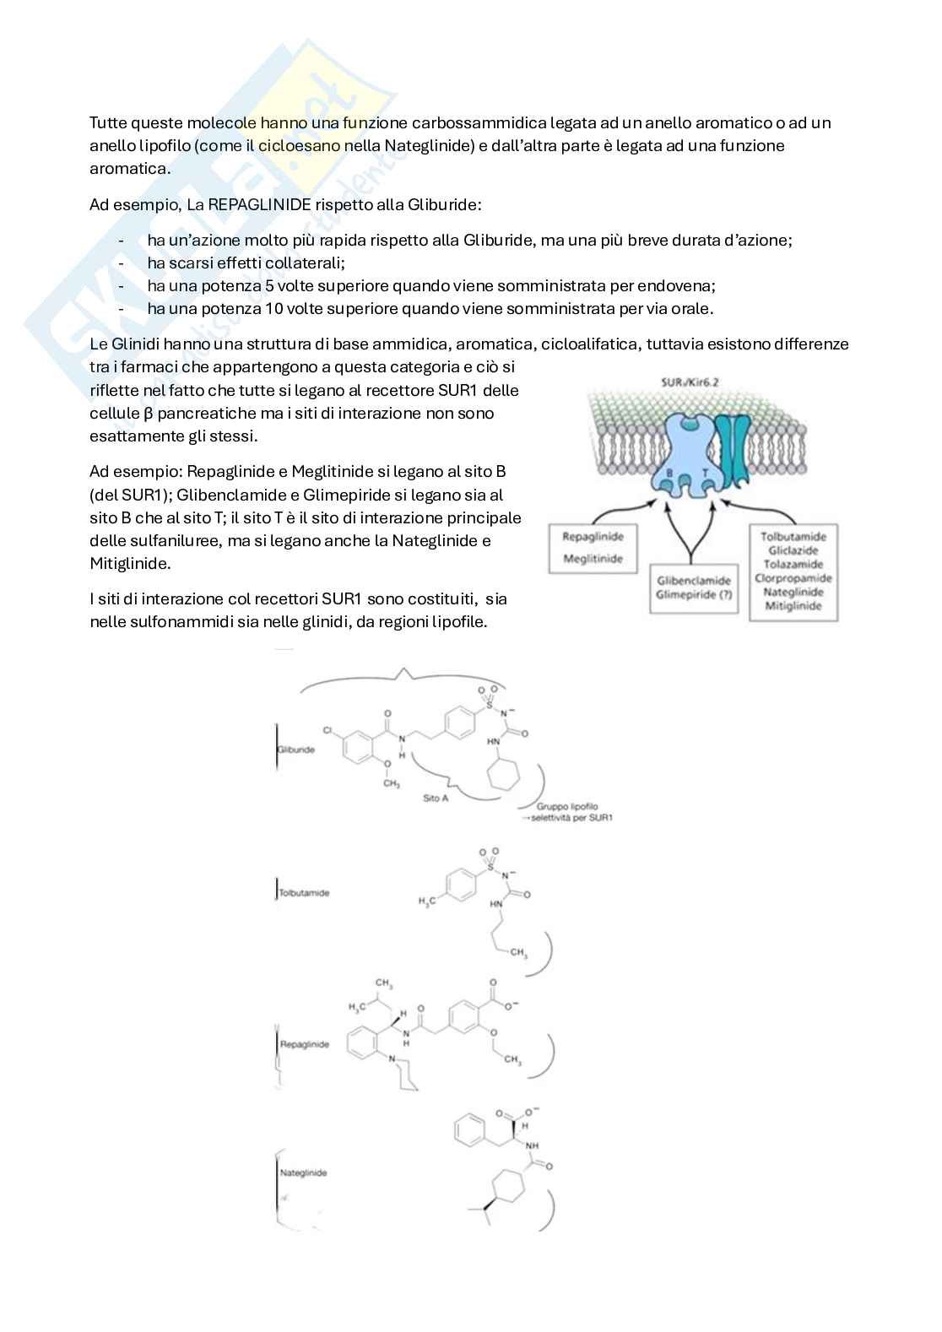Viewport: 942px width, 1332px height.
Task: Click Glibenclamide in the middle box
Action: click(691, 580)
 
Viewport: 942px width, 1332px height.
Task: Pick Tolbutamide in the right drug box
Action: click(793, 536)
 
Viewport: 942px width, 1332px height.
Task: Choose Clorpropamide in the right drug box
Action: click(793, 578)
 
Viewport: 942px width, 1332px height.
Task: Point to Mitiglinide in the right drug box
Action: click(793, 606)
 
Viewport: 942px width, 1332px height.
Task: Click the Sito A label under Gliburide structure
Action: click(436, 798)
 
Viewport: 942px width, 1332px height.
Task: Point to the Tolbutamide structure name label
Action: click(304, 892)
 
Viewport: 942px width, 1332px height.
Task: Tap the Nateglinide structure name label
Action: click(303, 1172)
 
